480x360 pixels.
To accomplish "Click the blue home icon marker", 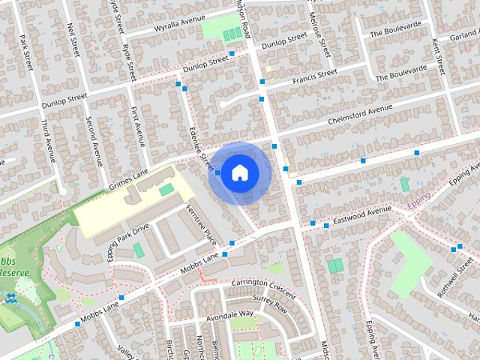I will tap(239, 172).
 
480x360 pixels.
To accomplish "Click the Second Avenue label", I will tap(94, 141).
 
